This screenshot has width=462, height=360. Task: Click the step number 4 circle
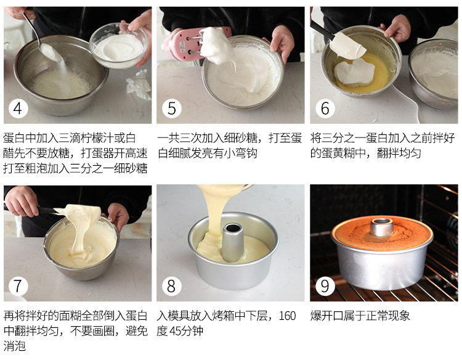(x=18, y=108)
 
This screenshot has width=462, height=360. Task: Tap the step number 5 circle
(x=171, y=108)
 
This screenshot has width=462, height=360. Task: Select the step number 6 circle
(x=325, y=108)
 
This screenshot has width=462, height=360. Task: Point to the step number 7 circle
(x=18, y=286)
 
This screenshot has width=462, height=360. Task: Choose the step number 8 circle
(x=171, y=286)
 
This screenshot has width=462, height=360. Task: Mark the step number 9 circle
(x=325, y=286)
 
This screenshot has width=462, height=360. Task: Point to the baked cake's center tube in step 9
(x=382, y=226)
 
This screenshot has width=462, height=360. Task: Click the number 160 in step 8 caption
(x=287, y=316)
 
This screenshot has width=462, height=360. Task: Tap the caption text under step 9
(x=360, y=316)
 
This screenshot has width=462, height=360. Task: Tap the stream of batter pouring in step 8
(x=219, y=210)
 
